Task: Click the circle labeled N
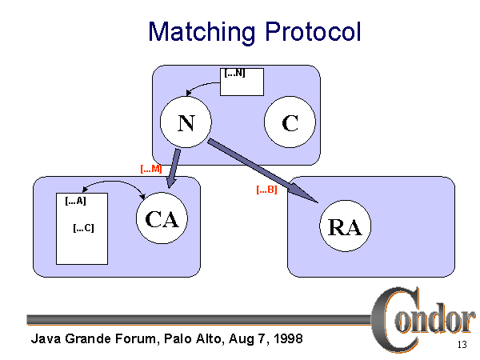[186, 123]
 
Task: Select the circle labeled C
[290, 123]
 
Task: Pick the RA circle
[346, 226]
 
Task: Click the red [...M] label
[150, 169]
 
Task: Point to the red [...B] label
[266, 190]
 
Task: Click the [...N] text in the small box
[234, 74]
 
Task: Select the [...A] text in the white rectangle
[75, 201]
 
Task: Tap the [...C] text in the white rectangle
[83, 228]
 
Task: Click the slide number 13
[462, 345]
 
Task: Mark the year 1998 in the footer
[286, 338]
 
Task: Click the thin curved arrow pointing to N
[200, 84]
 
